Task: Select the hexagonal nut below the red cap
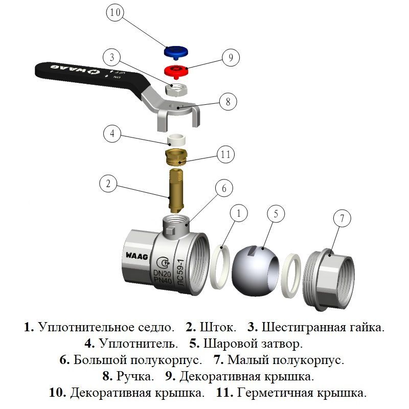(x=176, y=90)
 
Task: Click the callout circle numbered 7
(x=342, y=219)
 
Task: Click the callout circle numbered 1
(x=240, y=213)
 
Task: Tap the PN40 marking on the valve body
(x=164, y=282)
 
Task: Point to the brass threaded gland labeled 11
(x=177, y=155)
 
